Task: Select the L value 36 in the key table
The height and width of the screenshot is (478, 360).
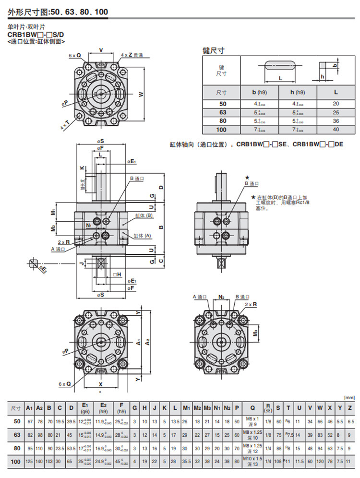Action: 336,121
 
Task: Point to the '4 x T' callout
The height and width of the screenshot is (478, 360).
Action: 64,126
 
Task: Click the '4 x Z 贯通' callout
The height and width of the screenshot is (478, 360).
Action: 132,55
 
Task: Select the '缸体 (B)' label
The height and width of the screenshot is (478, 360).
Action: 144,216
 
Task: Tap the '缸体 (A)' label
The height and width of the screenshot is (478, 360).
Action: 142,236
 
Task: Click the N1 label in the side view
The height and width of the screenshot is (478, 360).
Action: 89,225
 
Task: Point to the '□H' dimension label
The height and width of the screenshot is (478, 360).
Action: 117,275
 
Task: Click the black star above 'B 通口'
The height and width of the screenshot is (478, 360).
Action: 248,178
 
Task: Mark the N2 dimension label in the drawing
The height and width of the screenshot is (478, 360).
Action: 221,297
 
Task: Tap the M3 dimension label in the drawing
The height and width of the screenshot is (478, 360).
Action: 256,333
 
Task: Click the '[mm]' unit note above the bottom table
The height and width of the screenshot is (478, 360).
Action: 350,397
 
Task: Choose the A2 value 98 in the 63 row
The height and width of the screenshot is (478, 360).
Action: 40,434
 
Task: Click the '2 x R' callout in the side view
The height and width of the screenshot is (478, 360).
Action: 63,243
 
